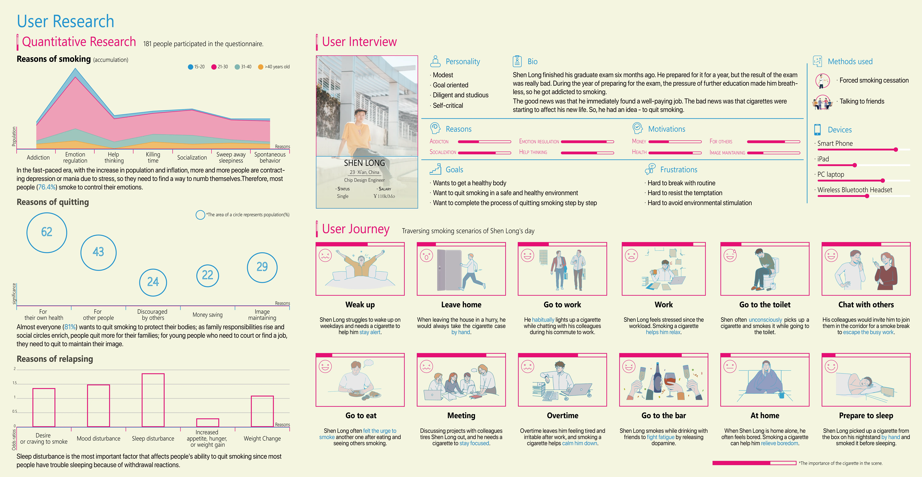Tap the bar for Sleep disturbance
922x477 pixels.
click(153, 400)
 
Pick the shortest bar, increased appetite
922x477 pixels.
click(208, 423)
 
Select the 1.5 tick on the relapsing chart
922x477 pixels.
click(15, 383)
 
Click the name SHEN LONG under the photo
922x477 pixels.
click(364, 163)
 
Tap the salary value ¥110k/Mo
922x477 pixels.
click(384, 196)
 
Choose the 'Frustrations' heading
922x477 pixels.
click(679, 170)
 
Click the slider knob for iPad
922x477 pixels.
click(855, 165)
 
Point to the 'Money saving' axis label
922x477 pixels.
click(208, 315)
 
